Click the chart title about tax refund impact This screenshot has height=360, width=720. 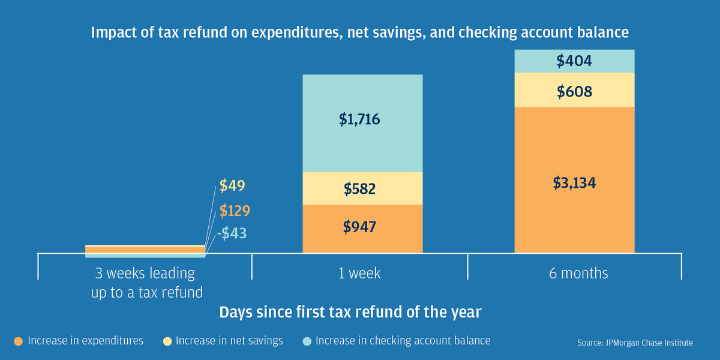(x=360, y=32)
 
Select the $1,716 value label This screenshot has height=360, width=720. (x=359, y=119)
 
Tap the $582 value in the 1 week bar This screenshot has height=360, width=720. (x=360, y=189)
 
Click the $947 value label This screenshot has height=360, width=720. (x=359, y=227)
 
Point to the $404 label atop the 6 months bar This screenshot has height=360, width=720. (x=574, y=61)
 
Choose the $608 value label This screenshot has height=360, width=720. (x=574, y=92)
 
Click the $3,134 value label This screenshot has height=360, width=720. (x=574, y=183)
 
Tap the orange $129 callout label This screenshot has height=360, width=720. (x=235, y=211)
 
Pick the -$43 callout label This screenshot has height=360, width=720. (x=232, y=233)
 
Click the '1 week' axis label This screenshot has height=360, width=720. (x=359, y=274)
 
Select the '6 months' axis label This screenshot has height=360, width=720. (x=578, y=274)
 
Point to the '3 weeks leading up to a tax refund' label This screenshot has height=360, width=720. (x=145, y=283)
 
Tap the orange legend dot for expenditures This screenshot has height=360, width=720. (x=18, y=341)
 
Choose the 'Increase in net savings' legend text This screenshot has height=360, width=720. (x=229, y=341)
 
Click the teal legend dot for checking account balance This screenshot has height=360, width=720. (x=307, y=341)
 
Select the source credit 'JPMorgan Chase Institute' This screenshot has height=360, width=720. (x=635, y=343)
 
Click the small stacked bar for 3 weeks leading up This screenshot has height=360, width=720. (x=145, y=251)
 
